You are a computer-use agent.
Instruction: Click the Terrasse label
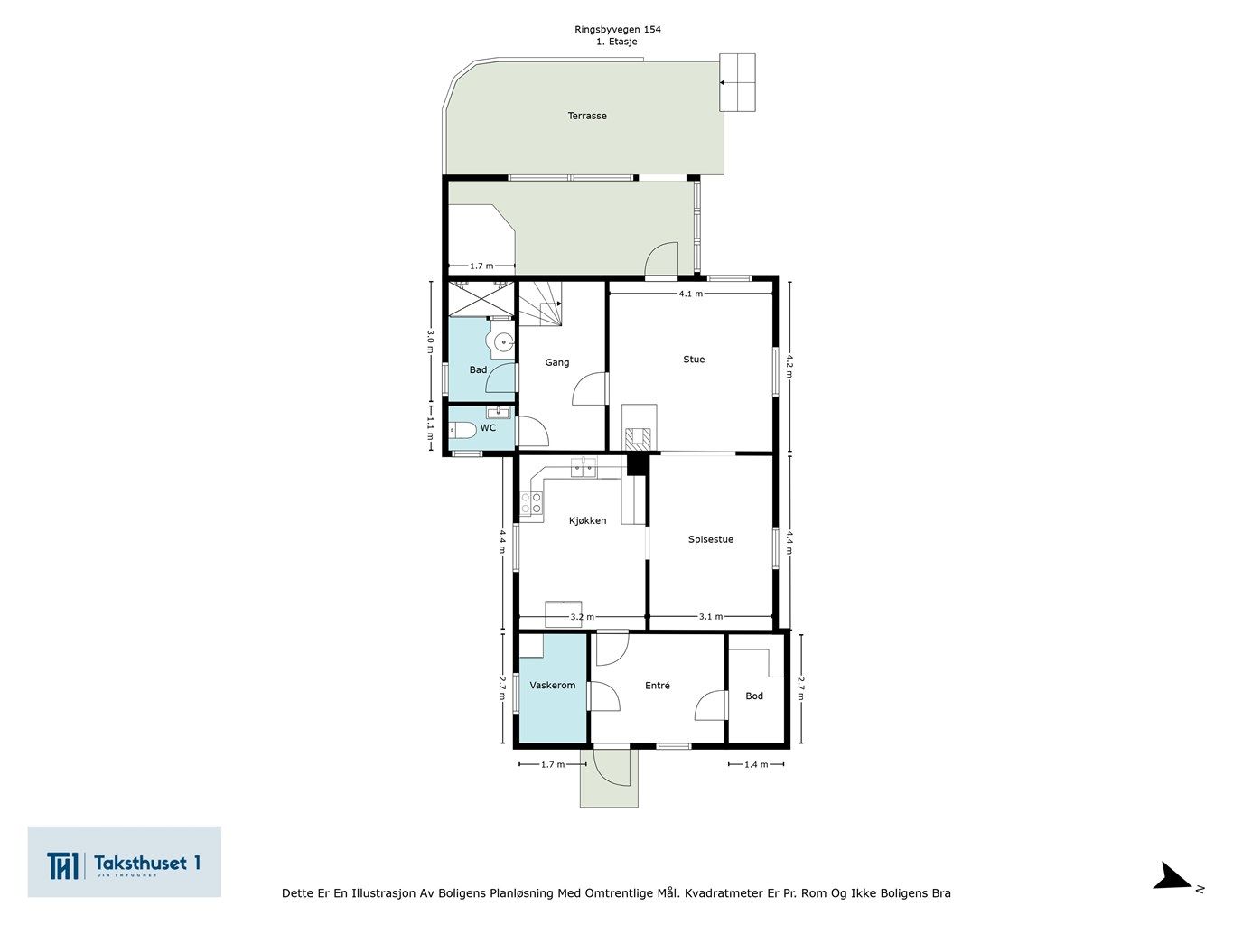click(x=587, y=116)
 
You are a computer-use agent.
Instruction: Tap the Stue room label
click(x=694, y=360)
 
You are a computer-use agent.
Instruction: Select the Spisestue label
click(x=711, y=539)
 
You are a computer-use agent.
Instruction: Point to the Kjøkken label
click(x=587, y=520)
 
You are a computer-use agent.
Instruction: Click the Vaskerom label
click(x=553, y=686)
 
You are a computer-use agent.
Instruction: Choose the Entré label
click(x=658, y=686)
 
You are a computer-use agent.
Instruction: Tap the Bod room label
click(x=754, y=696)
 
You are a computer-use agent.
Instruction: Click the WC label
click(x=488, y=428)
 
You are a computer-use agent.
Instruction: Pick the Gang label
click(x=557, y=363)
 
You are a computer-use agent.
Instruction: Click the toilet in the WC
click(x=462, y=431)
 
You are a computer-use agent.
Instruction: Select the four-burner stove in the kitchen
click(x=531, y=503)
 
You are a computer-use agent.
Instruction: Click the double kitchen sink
click(x=584, y=467)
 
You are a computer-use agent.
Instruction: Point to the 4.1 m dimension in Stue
click(x=691, y=294)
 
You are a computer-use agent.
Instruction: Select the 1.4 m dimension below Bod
click(x=756, y=764)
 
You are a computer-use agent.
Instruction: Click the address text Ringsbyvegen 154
click(x=617, y=29)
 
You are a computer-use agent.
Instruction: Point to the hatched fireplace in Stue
click(x=639, y=439)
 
